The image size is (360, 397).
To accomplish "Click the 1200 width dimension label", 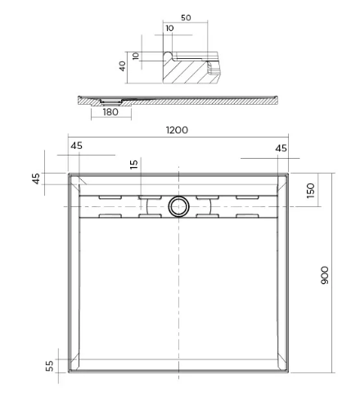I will point(178,131).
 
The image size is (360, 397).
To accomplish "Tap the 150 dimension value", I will point(310,191).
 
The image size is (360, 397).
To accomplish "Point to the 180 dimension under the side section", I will point(111,112).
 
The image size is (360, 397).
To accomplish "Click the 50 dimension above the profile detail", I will point(186,17).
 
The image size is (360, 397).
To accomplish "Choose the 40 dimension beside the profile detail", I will point(124,65).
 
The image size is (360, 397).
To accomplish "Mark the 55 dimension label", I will point(48,366).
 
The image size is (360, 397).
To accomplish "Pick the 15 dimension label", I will point(134,165).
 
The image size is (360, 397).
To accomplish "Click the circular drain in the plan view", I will point(178,206).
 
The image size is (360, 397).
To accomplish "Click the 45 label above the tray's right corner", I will point(281,148).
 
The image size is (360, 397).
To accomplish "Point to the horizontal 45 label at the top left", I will point(77,147).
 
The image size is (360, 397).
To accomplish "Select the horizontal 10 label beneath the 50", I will point(169,29).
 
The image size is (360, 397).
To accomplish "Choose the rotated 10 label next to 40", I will point(137,57).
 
